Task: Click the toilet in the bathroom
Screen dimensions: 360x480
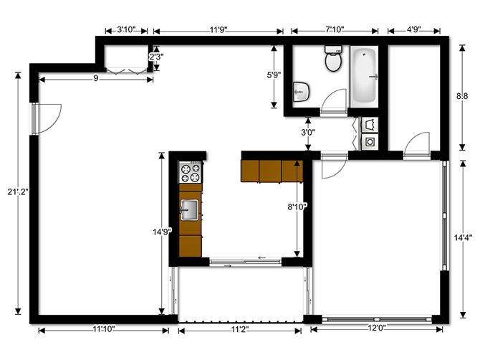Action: (x=332, y=60)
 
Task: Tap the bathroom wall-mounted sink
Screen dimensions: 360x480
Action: (x=302, y=90)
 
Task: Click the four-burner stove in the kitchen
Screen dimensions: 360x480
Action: (x=191, y=173)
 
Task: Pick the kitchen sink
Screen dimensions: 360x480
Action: (x=191, y=209)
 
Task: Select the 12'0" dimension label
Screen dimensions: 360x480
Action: (x=377, y=328)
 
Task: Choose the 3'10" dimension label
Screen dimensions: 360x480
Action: (x=127, y=30)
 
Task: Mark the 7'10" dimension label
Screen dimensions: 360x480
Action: (x=335, y=30)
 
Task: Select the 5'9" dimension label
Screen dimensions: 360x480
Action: (x=274, y=74)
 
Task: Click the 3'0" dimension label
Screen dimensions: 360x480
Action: (x=307, y=132)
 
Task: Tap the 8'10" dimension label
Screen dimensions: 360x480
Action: (x=297, y=207)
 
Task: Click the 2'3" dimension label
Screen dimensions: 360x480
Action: (x=156, y=56)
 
